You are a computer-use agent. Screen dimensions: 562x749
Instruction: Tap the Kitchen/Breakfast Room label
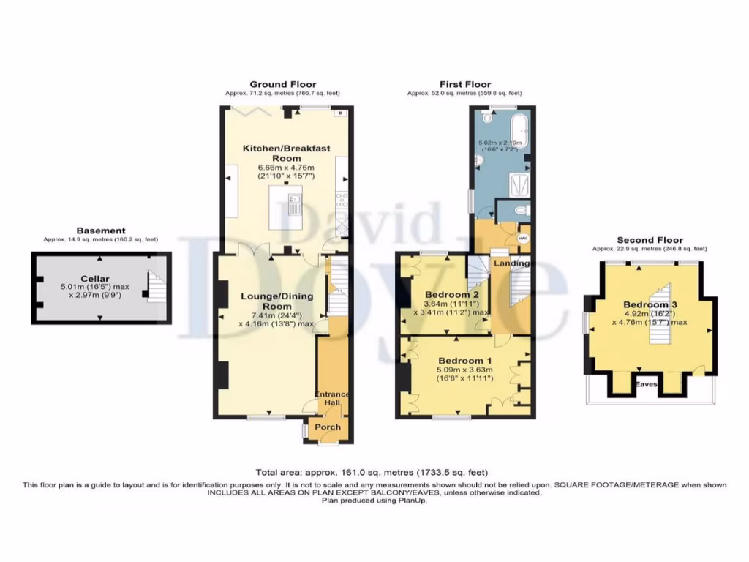point(287,153)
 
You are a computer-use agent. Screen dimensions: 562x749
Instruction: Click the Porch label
point(323,427)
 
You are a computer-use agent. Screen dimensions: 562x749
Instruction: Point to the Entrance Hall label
point(333,400)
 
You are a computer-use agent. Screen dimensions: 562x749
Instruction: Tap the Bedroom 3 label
point(646,304)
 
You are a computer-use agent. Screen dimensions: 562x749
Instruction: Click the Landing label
point(511,263)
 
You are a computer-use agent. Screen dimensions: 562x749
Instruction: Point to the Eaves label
point(645,383)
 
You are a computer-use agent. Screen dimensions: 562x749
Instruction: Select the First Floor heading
point(464,84)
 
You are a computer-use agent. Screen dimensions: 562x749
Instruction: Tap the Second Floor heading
point(650,240)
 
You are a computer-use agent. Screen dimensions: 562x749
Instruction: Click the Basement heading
point(100,231)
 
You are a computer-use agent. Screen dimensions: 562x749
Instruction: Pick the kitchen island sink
point(296,203)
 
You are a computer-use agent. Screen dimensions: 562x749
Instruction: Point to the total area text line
point(372,473)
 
